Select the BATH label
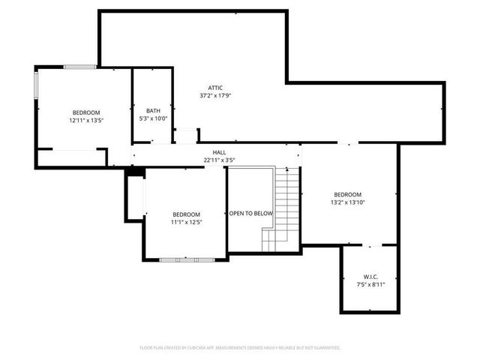153,110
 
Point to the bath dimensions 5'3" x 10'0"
153,118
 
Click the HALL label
219,151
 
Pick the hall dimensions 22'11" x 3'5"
219,159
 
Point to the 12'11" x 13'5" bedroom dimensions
85,120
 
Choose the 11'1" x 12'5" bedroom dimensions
187,222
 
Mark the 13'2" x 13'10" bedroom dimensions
347,202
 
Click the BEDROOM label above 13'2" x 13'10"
347,194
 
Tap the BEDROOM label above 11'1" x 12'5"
187,214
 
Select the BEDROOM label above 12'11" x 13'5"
85,112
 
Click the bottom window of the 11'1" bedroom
187,259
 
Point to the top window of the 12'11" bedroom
79,67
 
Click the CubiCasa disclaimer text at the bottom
240,348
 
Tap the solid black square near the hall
135,172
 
